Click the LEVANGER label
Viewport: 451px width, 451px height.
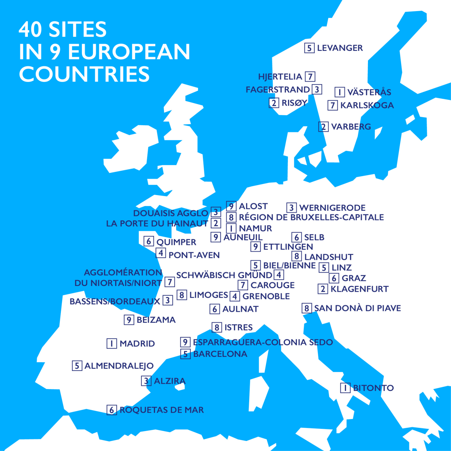click(x=340, y=48)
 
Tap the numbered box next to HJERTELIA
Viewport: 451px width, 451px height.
click(x=310, y=77)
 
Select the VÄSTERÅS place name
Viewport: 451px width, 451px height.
click(x=369, y=92)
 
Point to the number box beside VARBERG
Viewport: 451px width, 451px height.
click(x=323, y=127)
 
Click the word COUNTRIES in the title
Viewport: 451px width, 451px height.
click(x=84, y=74)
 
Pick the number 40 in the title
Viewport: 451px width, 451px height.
click(x=31, y=29)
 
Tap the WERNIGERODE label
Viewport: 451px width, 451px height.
click(x=332, y=208)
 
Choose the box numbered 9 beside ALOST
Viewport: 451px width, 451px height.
click(x=231, y=206)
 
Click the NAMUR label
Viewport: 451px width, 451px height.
click(x=255, y=228)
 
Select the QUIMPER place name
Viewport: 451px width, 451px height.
click(x=176, y=242)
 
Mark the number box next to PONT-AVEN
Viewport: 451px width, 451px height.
click(x=161, y=253)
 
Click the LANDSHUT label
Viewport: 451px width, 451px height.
click(x=329, y=257)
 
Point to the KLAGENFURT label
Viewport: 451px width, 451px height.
click(x=359, y=289)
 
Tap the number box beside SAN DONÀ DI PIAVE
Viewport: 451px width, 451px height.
click(x=306, y=308)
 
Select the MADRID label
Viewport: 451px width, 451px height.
click(x=137, y=344)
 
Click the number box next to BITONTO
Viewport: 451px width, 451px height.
click(x=345, y=388)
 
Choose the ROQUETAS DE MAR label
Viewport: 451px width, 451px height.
click(x=161, y=410)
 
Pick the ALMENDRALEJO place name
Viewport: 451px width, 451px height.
click(x=119, y=366)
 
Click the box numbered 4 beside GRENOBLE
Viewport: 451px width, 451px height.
click(x=235, y=296)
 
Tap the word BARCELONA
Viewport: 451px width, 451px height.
click(x=220, y=354)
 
